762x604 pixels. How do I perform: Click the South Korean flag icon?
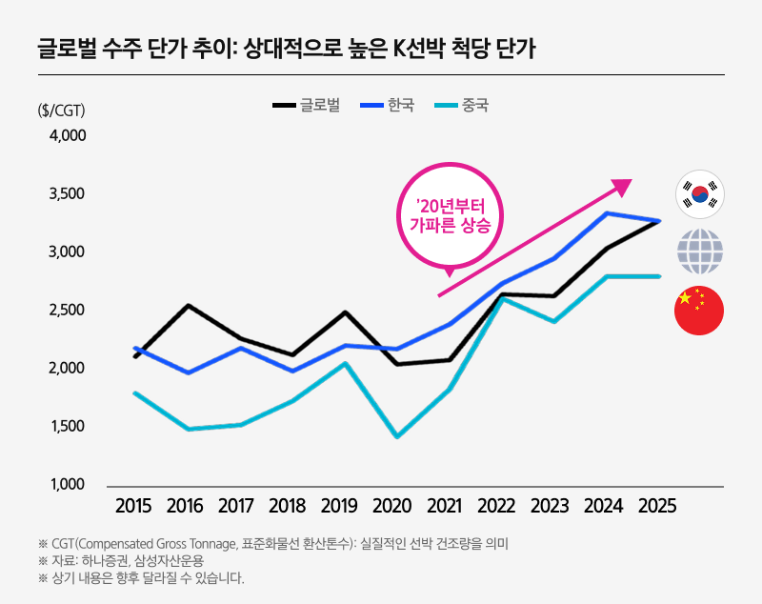(699, 194)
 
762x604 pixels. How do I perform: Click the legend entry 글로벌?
(307, 105)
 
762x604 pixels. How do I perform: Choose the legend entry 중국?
(461, 105)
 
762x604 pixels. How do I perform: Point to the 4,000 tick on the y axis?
(68, 136)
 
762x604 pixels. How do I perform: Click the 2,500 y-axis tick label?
(68, 311)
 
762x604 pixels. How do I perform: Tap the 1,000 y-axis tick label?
(68, 485)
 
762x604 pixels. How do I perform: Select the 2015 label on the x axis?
(134, 506)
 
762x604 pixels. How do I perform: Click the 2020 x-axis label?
(392, 506)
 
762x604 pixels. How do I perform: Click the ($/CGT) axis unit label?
(62, 110)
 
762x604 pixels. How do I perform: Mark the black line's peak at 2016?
(188, 306)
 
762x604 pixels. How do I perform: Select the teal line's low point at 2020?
(395, 436)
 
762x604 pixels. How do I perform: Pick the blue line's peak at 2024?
(607, 212)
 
